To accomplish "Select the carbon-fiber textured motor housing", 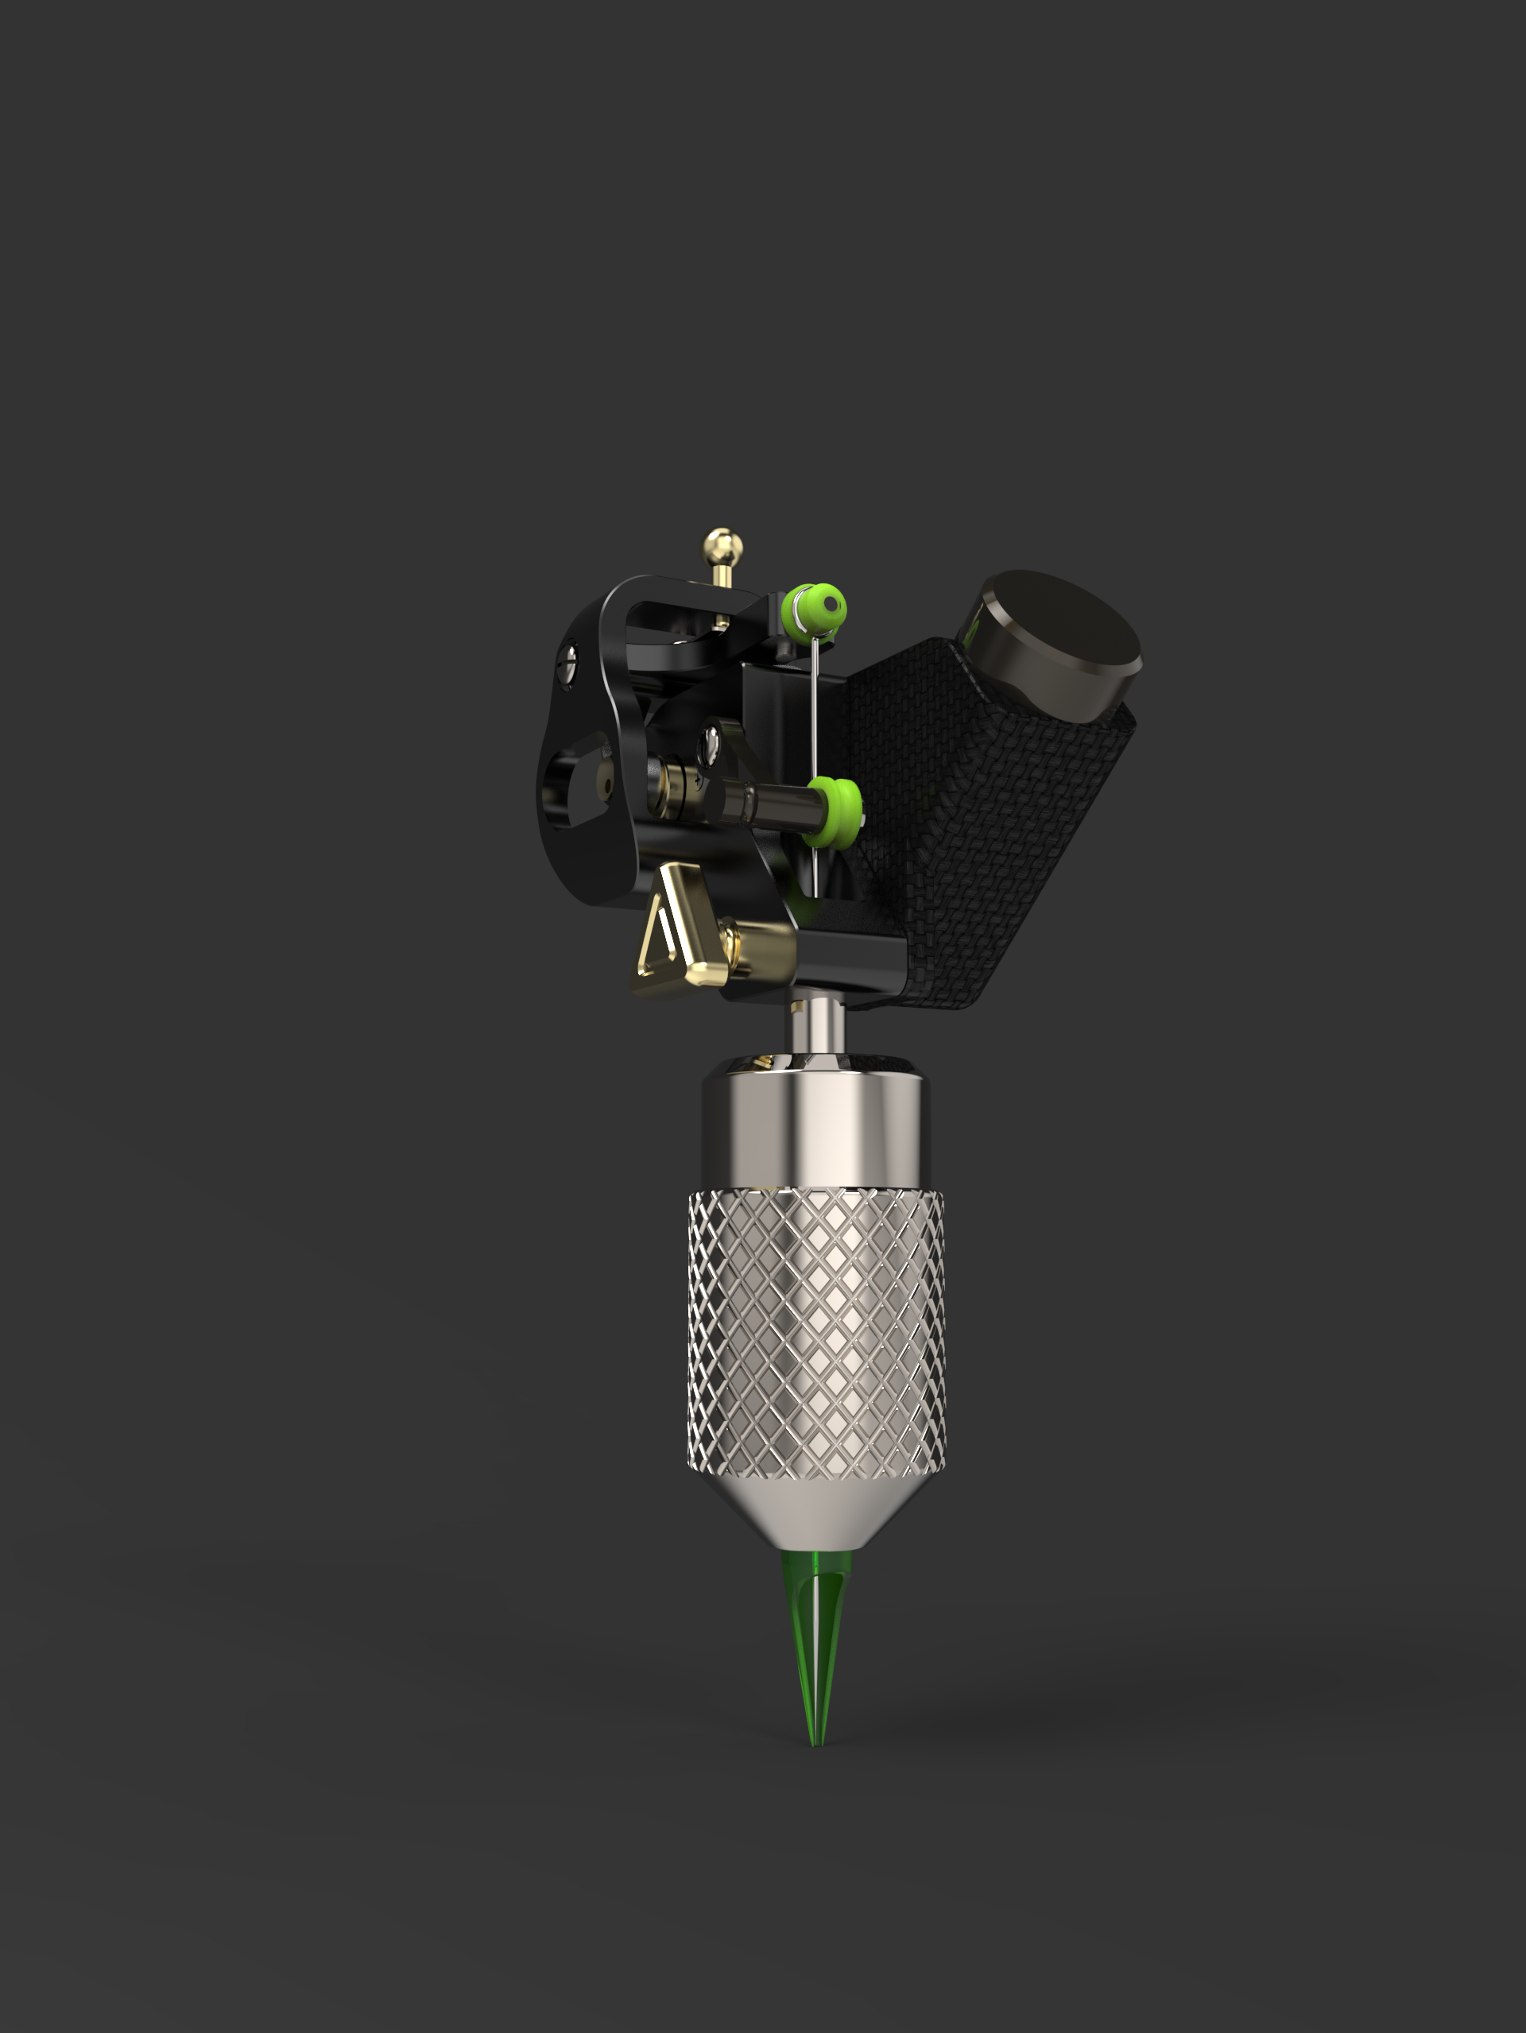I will (x=965, y=800).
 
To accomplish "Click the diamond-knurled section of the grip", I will (x=816, y=1333).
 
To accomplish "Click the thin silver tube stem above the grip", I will (x=816, y=1028).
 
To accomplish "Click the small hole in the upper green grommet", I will (x=832, y=604).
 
